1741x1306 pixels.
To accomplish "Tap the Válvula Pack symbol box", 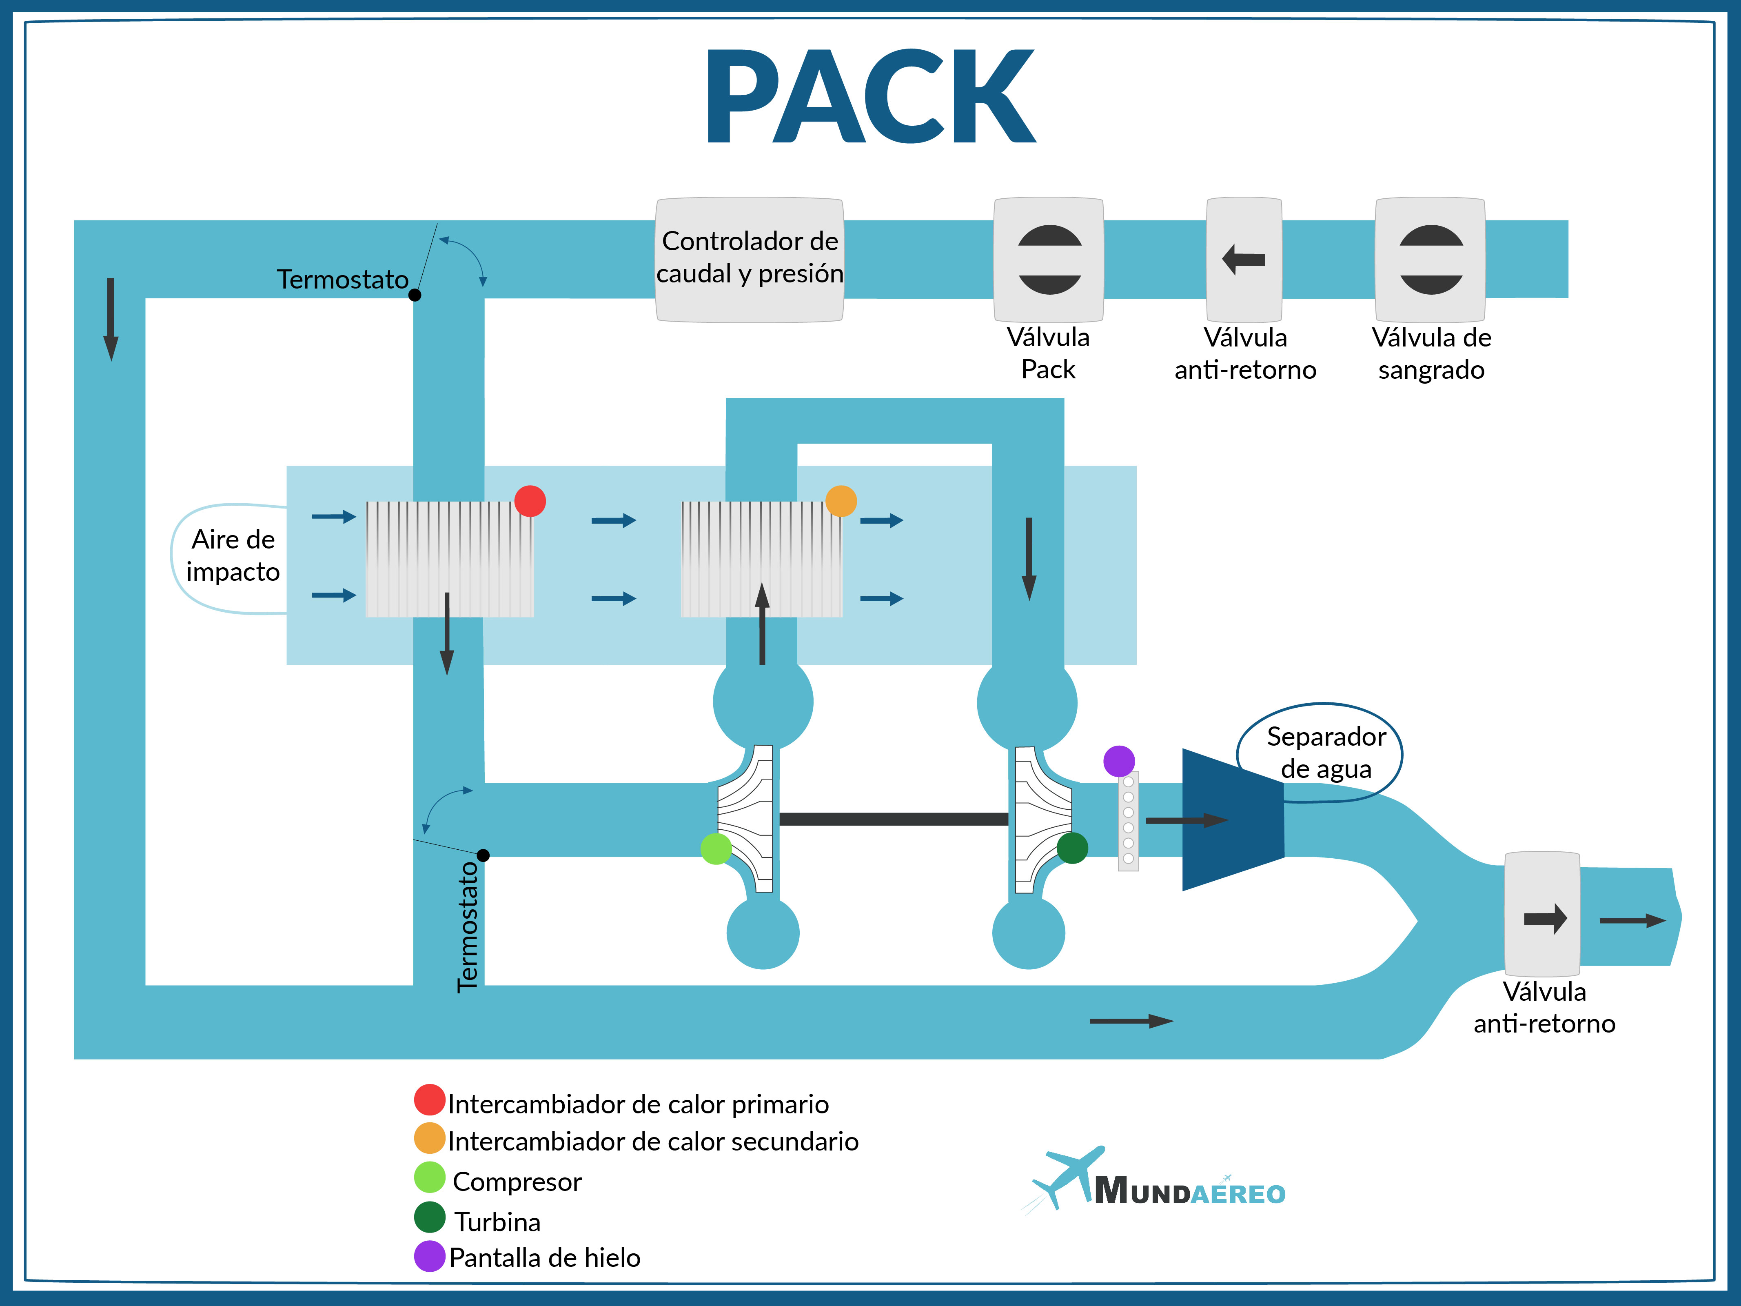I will coord(1048,259).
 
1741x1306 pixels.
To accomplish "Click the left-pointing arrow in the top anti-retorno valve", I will coord(1244,259).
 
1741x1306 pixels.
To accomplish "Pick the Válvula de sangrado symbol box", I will coord(1430,259).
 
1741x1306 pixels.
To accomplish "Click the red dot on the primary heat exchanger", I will coord(530,501).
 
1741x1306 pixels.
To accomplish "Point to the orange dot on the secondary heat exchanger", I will coord(841,501).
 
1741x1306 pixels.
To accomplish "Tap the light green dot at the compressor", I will coord(715,848).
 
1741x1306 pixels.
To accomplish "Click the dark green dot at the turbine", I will coord(1072,848).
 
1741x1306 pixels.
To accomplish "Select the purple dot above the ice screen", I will coord(1118,761).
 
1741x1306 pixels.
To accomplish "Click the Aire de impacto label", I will coord(233,555).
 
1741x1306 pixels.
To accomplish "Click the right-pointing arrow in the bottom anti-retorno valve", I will coord(1545,918).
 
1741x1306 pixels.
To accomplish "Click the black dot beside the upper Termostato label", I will coord(415,295).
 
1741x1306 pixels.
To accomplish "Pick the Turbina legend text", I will coord(497,1222).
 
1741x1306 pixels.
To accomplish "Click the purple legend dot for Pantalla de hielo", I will coord(430,1256).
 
